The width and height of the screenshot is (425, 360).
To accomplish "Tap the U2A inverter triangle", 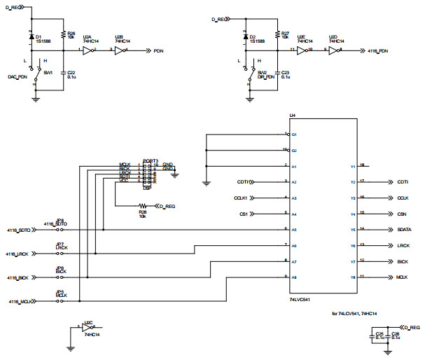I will point(88,50).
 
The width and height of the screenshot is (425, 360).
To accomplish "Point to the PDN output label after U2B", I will point(160,51).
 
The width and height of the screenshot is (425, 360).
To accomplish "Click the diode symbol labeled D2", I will point(246,37).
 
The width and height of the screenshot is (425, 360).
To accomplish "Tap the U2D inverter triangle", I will point(335,50).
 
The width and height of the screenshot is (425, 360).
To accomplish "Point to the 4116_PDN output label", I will point(378,51).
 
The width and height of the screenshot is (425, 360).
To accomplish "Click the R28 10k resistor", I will point(143,207).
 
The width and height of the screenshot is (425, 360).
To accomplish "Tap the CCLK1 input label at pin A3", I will point(242,198).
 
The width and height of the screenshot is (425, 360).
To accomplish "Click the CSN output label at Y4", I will point(403,214).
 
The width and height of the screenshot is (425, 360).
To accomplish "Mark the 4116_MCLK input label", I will point(19,302).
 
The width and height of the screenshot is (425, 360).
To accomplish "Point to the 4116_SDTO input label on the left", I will point(19,230).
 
